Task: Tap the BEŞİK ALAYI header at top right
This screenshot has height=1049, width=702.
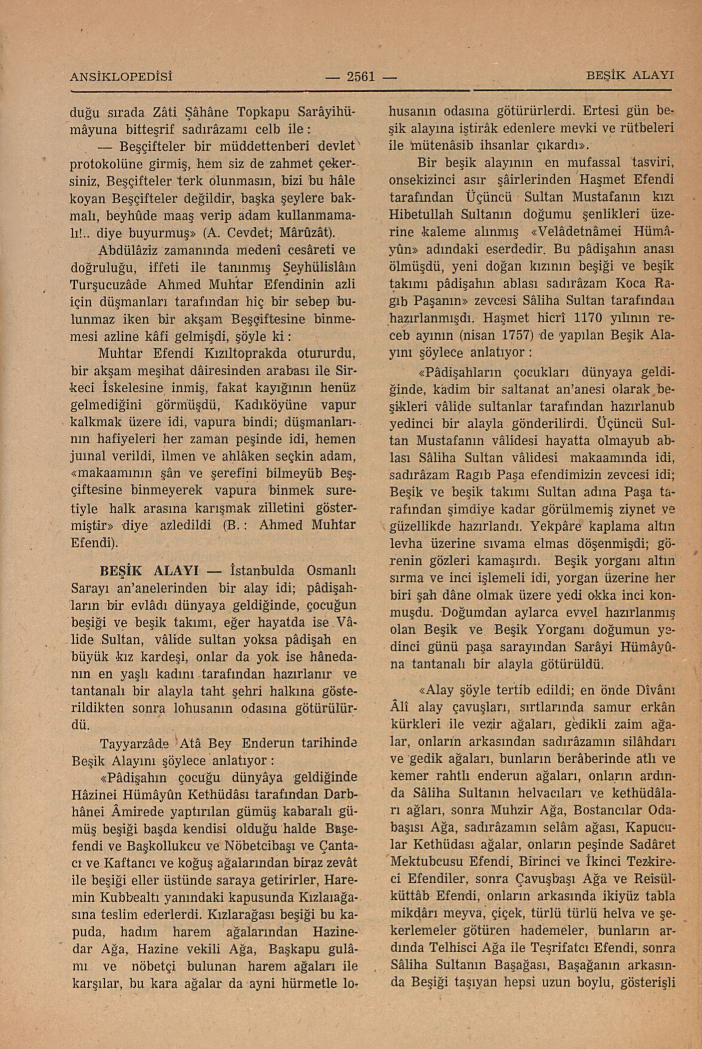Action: (x=630, y=75)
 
